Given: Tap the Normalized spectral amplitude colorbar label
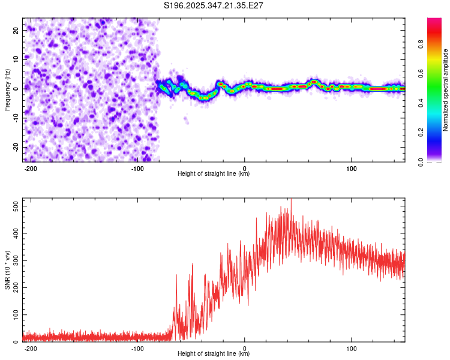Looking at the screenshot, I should tap(446, 90).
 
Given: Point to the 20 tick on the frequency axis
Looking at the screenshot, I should tap(16, 29).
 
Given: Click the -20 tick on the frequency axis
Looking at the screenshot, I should tap(15, 147).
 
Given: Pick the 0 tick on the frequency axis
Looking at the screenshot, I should tap(18, 88).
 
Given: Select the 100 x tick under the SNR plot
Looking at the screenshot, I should tap(352, 348).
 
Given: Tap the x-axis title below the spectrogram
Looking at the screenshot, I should tap(214, 174).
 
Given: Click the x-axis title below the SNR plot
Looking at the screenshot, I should tap(214, 354).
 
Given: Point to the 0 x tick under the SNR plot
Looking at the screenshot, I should tap(245, 348).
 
